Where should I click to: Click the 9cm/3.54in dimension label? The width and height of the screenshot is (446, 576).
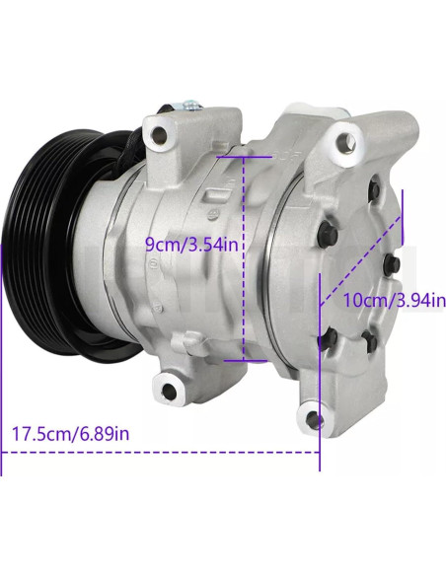pyautogui.click(x=191, y=244)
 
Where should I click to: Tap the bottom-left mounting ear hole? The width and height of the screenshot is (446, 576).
pyautogui.click(x=169, y=391)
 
